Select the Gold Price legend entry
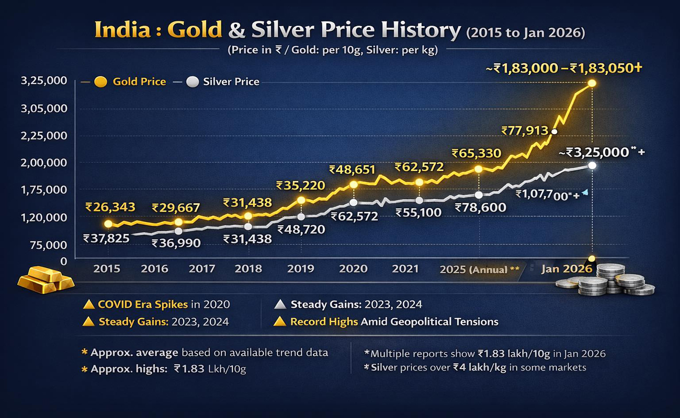point(131,82)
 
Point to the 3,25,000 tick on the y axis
point(44,81)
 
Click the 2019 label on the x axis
point(300,269)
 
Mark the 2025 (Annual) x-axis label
point(479,270)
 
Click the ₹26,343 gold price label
point(110,207)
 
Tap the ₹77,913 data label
point(524,131)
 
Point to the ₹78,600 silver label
point(480,207)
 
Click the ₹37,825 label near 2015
point(108,239)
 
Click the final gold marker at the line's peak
point(592,84)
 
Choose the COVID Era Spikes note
point(156,304)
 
